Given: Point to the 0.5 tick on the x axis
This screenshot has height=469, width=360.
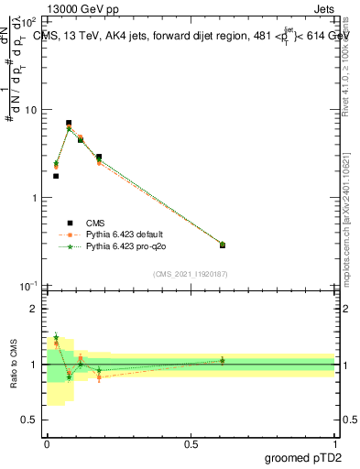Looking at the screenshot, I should click(191, 442).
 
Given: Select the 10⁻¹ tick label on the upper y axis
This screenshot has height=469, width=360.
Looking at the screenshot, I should click(29, 286).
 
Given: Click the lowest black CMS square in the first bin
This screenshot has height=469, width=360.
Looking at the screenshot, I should click(56, 176).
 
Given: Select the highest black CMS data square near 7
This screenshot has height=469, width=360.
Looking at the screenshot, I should click(69, 123).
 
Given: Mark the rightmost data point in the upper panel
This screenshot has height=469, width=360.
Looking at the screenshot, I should click(223, 245).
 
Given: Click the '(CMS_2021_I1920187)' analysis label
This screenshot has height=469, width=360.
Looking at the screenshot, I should click(191, 274).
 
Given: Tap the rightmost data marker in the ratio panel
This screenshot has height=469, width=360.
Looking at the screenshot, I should click(223, 360).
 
